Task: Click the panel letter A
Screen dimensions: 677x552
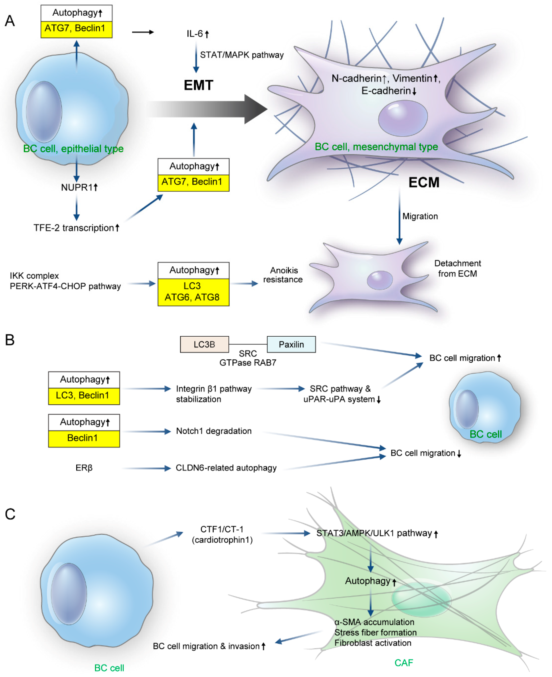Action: (x=10, y=21)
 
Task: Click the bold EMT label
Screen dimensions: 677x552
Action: (x=198, y=85)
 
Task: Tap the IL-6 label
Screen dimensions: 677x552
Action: (x=195, y=34)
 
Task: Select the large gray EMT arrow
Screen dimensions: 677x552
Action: (x=207, y=109)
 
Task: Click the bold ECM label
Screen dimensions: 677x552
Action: (x=424, y=183)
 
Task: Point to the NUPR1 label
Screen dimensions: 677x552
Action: (x=77, y=187)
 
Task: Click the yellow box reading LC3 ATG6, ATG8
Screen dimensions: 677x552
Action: (x=193, y=292)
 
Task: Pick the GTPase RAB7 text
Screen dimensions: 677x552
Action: (x=248, y=363)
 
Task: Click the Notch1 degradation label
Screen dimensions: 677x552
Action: (x=214, y=431)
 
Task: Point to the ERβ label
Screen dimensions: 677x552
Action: (x=84, y=468)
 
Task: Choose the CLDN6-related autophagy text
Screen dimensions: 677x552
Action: (x=226, y=468)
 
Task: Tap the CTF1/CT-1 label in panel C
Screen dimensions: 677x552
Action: (x=222, y=529)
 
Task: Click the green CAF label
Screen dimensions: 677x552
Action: (x=403, y=663)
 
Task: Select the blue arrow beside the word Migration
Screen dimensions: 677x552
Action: (x=399, y=216)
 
